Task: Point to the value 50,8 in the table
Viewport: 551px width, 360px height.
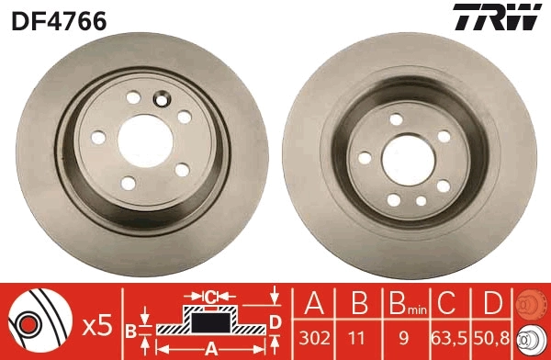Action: (492, 338)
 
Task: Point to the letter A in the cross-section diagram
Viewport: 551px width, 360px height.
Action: (211, 349)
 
